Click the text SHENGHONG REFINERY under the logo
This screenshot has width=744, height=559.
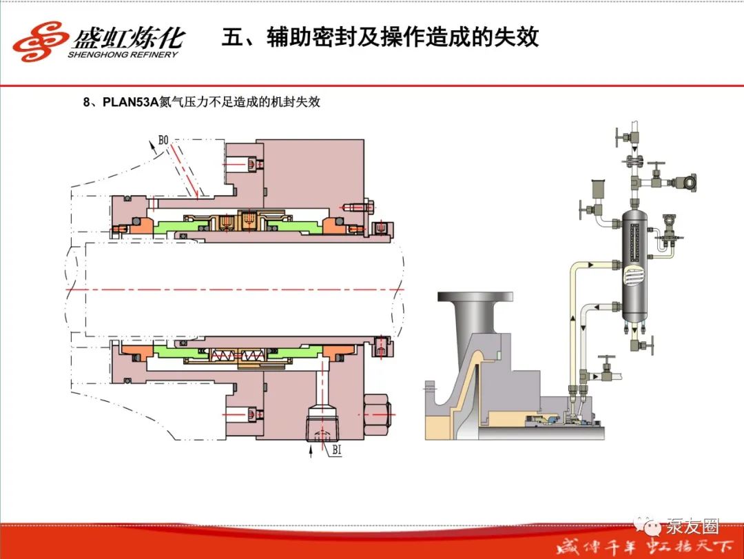(x=123, y=54)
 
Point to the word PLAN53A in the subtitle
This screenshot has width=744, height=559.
(x=131, y=103)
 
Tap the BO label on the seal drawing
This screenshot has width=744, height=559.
(x=163, y=141)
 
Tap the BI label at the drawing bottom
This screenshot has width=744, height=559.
(x=337, y=451)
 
